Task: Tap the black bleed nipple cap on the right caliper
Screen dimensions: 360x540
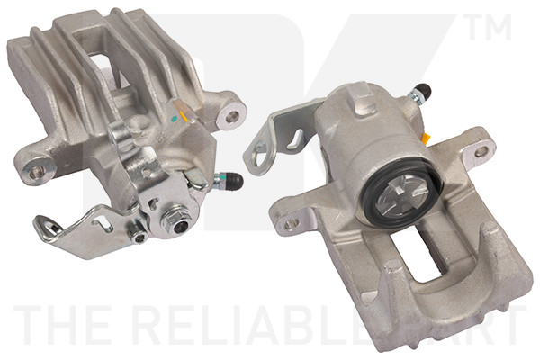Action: pyautogui.click(x=421, y=92)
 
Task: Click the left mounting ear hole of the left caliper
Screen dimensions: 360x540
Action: pyautogui.click(x=37, y=170)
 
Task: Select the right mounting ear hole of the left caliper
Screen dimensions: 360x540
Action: pyautogui.click(x=233, y=116)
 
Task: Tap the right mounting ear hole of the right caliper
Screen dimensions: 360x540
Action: pyautogui.click(x=481, y=152)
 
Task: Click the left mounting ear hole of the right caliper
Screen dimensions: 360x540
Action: pyautogui.click(x=288, y=220)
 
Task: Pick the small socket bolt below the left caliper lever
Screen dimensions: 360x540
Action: pyautogui.click(x=138, y=236)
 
